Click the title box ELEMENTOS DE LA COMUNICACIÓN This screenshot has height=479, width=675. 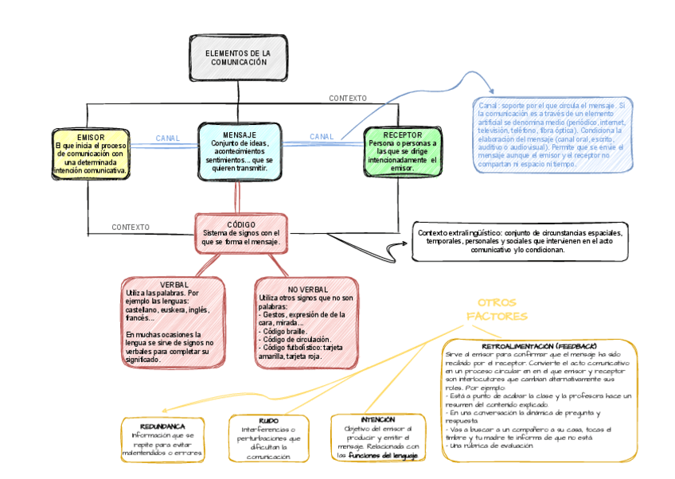[238, 58]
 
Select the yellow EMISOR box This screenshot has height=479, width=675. [91, 154]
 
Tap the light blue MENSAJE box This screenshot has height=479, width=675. [240, 151]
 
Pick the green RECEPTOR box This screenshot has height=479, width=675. [401, 152]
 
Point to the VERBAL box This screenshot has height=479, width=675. [172, 322]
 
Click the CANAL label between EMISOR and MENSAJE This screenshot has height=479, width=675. [167, 138]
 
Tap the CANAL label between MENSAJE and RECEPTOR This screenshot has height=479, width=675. [322, 137]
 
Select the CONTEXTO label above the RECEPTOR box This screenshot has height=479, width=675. [348, 99]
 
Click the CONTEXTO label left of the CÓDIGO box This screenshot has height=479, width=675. [131, 228]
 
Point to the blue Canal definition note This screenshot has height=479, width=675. [552, 135]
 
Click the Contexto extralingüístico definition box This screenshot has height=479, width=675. [520, 240]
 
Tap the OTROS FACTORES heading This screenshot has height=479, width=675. [497, 310]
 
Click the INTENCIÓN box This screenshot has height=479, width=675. [378, 438]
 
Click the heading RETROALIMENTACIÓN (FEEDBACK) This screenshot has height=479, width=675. [539, 347]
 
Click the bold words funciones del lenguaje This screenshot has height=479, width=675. [388, 456]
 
